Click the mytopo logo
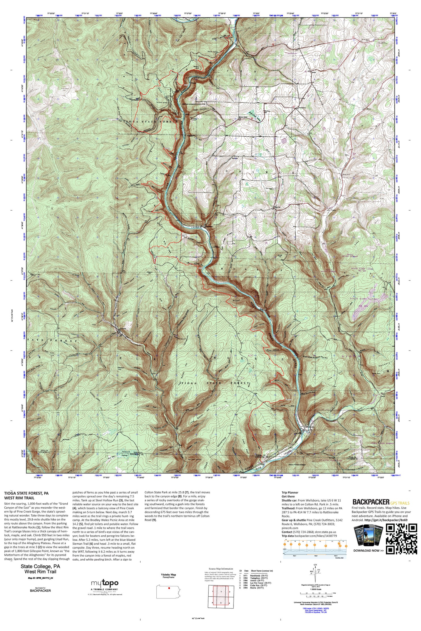(104, 584)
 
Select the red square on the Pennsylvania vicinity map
(169, 588)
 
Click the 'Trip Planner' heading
(290, 492)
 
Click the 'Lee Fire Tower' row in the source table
(255, 583)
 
